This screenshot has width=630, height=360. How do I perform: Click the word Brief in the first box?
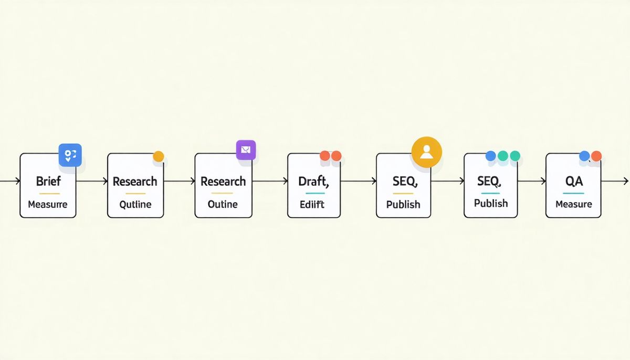coord(48,182)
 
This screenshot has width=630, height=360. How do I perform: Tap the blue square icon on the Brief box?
coord(70,155)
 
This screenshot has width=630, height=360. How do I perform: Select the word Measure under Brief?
coord(48,204)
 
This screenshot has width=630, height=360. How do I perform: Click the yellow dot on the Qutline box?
coord(158,156)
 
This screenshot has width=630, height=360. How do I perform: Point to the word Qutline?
coord(135,204)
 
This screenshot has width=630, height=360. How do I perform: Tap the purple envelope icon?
coord(246,150)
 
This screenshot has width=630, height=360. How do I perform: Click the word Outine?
coord(223,204)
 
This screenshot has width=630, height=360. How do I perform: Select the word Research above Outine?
coord(223,182)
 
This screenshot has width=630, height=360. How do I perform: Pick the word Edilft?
coord(312,204)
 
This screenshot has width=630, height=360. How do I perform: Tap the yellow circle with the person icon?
coord(426,152)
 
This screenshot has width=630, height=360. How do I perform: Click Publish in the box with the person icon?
coord(403,205)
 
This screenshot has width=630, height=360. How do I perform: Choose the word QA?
coord(574,182)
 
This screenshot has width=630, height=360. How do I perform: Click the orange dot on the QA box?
coord(596,156)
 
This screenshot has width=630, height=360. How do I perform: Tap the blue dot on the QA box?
coord(584,156)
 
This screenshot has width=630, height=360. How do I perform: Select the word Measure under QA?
coord(574,204)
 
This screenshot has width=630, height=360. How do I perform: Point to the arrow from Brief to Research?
coord(92,181)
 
